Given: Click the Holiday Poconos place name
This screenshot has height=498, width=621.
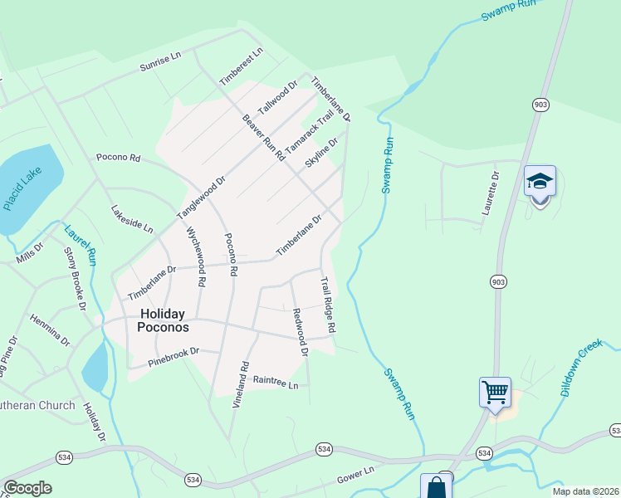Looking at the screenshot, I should [x=164, y=320].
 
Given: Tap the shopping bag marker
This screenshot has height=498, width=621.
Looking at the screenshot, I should [x=436, y=486].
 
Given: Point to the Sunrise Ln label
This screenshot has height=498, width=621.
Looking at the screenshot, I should [x=159, y=61].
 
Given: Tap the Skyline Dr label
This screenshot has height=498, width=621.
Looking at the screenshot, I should [x=321, y=154].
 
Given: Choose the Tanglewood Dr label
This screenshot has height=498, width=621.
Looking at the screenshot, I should [x=201, y=198].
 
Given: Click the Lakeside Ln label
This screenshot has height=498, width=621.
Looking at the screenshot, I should [x=132, y=218].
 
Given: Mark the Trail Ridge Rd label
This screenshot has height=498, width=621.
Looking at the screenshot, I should [x=328, y=305].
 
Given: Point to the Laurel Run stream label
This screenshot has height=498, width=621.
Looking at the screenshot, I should [x=81, y=244].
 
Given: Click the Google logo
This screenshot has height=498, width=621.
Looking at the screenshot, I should [x=27, y=488].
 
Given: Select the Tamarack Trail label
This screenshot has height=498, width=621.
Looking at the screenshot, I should [x=310, y=131].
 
